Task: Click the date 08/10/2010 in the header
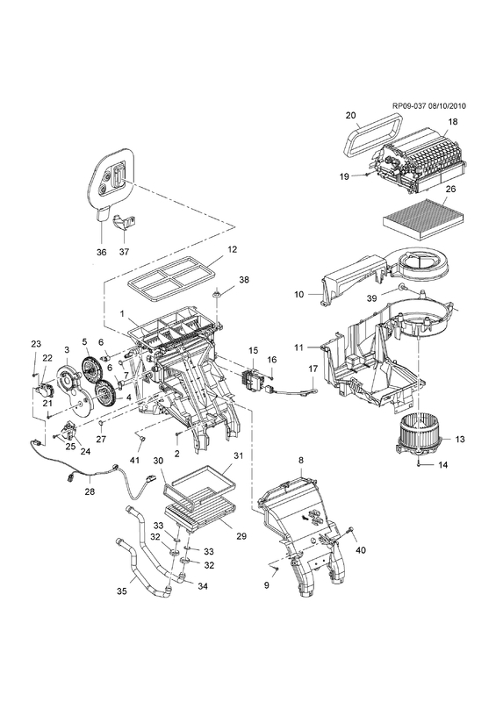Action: pyautogui.click(x=447, y=106)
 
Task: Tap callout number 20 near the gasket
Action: pyautogui.click(x=350, y=115)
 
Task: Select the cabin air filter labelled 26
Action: pyautogui.click(x=424, y=217)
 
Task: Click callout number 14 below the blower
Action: pyautogui.click(x=442, y=465)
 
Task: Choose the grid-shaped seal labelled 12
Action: pyautogui.click(x=171, y=281)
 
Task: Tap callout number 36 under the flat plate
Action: pyautogui.click(x=102, y=252)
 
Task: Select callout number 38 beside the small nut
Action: pyautogui.click(x=244, y=280)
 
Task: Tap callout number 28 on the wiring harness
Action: pyautogui.click(x=90, y=491)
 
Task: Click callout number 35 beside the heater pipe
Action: pyautogui.click(x=121, y=591)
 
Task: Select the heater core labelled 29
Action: pyautogui.click(x=200, y=520)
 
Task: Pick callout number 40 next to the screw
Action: pyautogui.click(x=360, y=550)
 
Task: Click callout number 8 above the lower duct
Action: pyautogui.click(x=301, y=459)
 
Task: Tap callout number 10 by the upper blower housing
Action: pyautogui.click(x=299, y=294)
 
